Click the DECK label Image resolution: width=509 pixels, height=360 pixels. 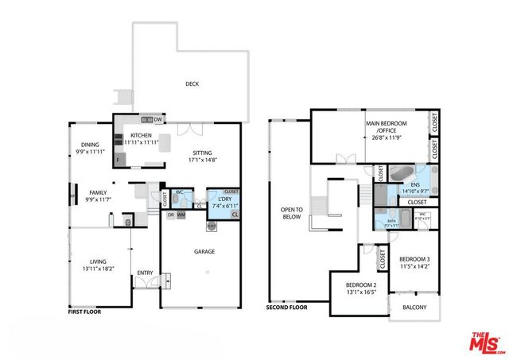[x=192, y=83]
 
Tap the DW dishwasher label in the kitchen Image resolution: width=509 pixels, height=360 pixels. [x=158, y=120]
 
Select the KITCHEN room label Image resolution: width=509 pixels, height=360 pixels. [x=141, y=136]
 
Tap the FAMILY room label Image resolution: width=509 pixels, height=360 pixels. [x=98, y=193]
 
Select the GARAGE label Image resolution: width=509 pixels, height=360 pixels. [x=204, y=252]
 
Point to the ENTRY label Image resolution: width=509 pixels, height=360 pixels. [x=145, y=273]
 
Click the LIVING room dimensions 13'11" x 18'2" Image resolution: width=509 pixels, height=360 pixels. [x=97, y=268]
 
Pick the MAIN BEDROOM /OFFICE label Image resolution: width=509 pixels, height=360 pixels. [x=387, y=128]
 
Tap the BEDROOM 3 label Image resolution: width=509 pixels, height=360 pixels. [x=414, y=259]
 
